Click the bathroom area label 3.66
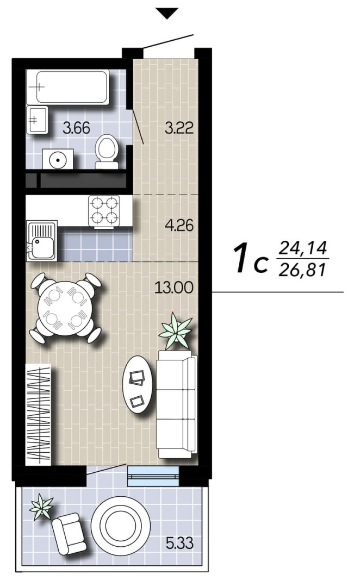[77, 128]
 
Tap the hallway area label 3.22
[179, 128]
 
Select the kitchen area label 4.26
[179, 226]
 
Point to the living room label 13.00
[174, 288]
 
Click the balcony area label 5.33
[180, 543]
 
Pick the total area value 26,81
[303, 269]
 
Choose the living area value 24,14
[303, 248]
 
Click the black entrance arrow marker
[167, 14]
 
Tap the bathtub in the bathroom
[68, 87]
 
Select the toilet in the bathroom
[107, 151]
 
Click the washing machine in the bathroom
[58, 159]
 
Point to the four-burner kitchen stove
[104, 211]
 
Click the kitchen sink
[41, 240]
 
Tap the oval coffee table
[138, 384]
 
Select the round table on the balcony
[120, 525]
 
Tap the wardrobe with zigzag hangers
[38, 414]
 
